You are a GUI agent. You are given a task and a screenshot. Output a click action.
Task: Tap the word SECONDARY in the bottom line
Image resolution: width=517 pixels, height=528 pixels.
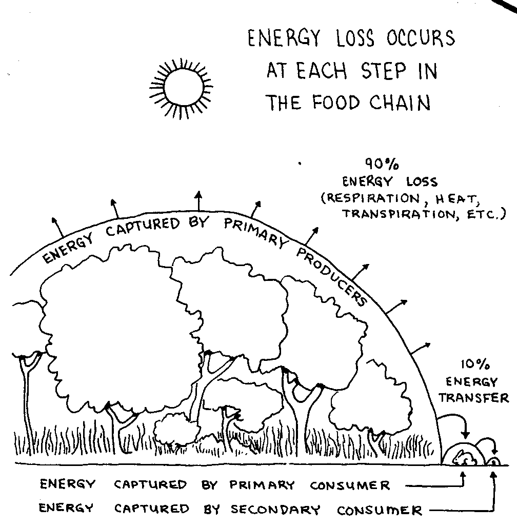[275, 510]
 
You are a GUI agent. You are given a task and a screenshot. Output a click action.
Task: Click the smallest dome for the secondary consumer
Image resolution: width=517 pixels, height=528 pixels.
[493, 460]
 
